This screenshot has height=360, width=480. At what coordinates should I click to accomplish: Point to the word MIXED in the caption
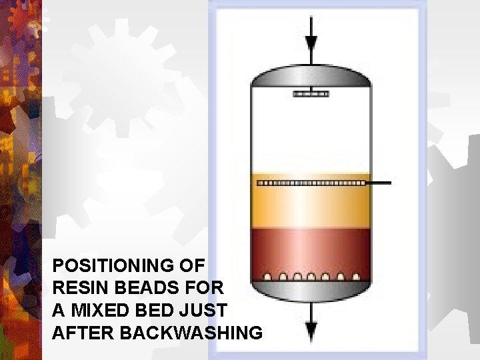point(101,310)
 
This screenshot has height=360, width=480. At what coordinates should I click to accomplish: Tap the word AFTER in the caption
point(83,333)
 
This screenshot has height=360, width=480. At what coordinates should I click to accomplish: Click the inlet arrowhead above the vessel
point(311,43)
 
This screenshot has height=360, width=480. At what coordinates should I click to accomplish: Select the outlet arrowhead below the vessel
point(311,330)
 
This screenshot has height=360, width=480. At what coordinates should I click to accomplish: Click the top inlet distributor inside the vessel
point(311,94)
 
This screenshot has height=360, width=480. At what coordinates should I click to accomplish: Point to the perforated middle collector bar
point(311,183)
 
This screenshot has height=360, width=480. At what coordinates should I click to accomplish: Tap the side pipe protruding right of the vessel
point(379,183)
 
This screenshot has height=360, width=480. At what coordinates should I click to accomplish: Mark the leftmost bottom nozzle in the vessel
point(267,277)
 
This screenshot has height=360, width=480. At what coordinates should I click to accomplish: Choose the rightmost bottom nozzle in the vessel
point(356,277)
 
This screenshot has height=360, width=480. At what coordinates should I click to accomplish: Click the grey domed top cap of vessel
point(311,76)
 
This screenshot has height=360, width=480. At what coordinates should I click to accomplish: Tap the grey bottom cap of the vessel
point(311,291)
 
